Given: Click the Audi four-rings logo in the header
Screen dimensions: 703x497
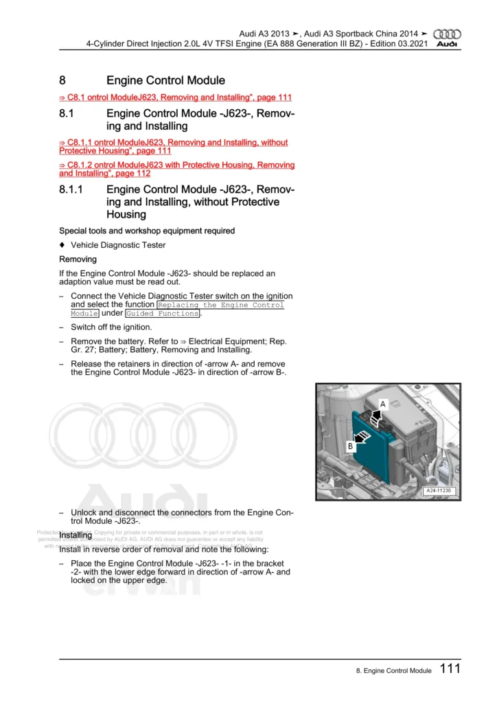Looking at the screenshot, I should point(449,34).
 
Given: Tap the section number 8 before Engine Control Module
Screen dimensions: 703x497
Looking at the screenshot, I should point(62,81).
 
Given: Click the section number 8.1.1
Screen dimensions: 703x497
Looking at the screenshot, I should point(71,189).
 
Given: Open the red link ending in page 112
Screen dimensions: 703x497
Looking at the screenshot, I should point(176,170).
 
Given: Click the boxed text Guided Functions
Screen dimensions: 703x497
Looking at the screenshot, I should point(163,314).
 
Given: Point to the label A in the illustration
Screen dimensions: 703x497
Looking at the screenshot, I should point(383,404).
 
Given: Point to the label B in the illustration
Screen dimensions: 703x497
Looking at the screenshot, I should point(350,446).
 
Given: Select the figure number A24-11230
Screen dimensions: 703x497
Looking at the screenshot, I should point(438,491).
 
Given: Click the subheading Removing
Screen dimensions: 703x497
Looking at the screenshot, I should point(78,260).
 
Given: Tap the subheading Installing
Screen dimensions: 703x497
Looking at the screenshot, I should point(76,535).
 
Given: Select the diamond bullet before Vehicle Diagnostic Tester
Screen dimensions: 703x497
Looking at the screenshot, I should point(62,245).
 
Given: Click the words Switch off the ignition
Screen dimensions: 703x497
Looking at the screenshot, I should point(111,327).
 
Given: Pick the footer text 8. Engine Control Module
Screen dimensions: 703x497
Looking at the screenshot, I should point(389,671).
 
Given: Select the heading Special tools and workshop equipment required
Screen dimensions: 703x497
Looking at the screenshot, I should point(147,231).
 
